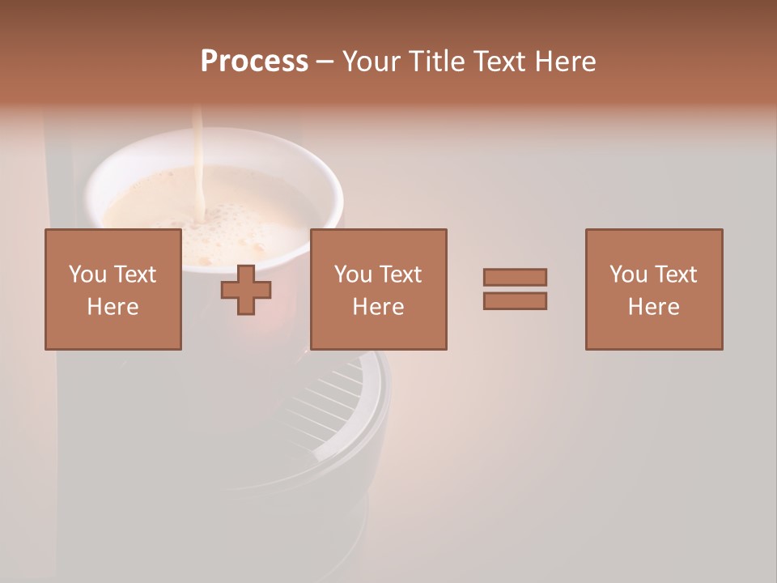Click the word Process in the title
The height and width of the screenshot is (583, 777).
click(x=254, y=62)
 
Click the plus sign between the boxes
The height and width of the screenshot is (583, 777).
click(x=246, y=290)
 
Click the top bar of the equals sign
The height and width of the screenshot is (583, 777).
click(x=515, y=277)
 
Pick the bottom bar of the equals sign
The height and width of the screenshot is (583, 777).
click(x=515, y=301)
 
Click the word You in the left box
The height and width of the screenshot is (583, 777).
click(x=87, y=274)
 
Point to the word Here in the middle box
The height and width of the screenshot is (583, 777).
click(x=378, y=307)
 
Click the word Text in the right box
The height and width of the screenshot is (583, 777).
click(x=676, y=274)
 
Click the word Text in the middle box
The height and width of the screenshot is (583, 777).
click(x=401, y=274)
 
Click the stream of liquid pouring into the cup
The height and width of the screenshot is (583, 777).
click(x=197, y=154)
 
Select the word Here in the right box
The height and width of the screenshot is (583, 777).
click(x=654, y=307)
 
